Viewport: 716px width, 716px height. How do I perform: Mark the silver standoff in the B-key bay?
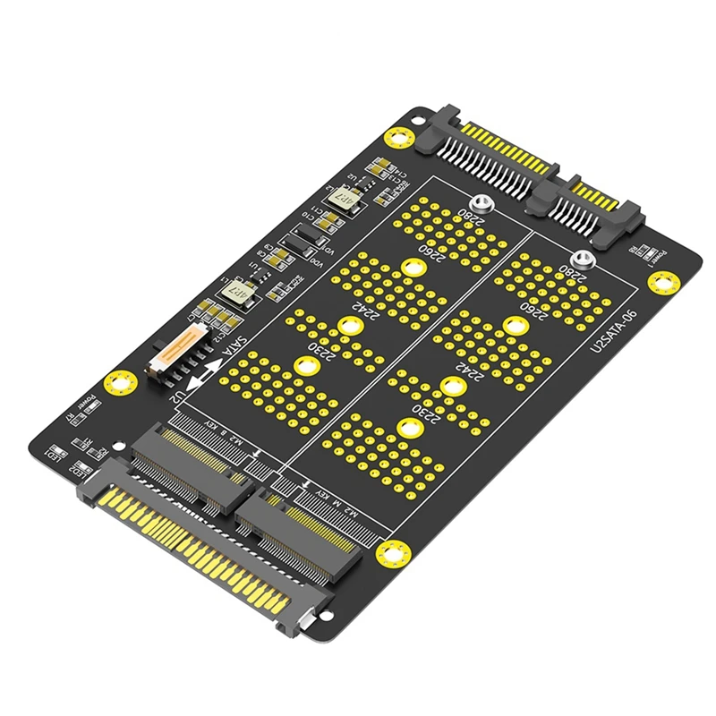pos(484,203)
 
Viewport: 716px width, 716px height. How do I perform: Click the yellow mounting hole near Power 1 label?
pos(662,283)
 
